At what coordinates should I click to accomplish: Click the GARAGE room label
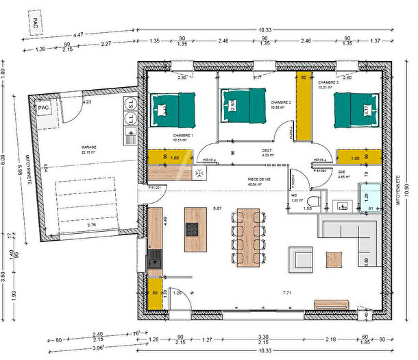click(x=88, y=147)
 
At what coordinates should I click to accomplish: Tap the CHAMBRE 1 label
click(x=182, y=135)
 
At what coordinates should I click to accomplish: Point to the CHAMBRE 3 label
click(x=328, y=82)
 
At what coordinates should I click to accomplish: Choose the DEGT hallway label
click(x=267, y=149)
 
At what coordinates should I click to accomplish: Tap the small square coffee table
click(x=334, y=259)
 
